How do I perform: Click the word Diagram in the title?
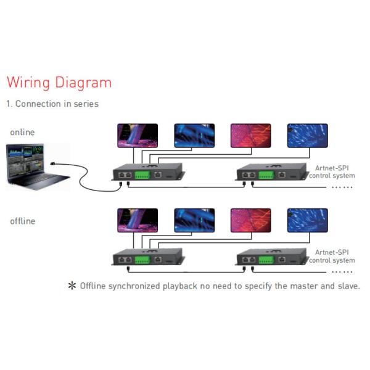point(83,83)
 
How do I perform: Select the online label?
point(22,132)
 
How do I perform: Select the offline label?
point(22,221)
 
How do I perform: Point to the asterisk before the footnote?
point(72,286)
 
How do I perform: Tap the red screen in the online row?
point(251,135)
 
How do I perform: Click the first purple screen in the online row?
point(138,135)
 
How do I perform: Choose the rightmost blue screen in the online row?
point(308,135)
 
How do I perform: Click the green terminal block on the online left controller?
point(142,175)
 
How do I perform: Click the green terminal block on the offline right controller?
point(266,260)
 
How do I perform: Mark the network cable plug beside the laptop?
point(55,165)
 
